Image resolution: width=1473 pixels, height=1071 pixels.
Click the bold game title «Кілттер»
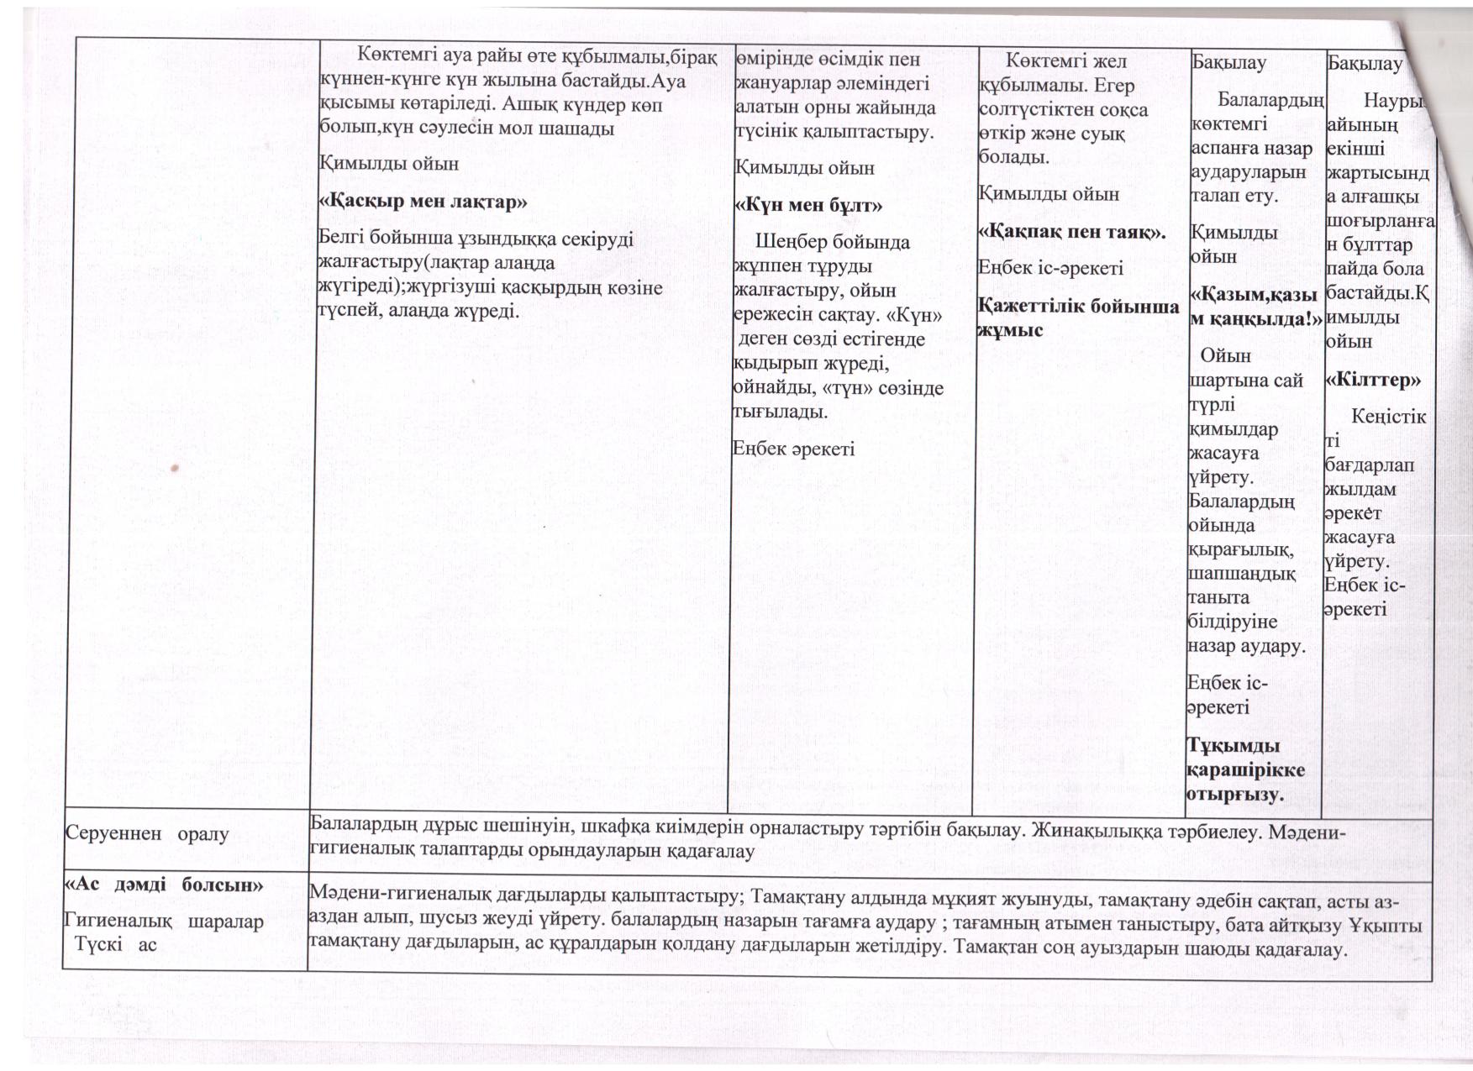[1373, 380]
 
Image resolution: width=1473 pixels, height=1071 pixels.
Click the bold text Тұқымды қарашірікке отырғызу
[1245, 769]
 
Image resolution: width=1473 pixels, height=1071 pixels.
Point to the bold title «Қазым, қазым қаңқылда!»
[1252, 307]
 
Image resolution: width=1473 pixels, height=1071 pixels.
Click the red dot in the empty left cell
[176, 469]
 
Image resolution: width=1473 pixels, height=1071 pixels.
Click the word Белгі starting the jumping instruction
[342, 239]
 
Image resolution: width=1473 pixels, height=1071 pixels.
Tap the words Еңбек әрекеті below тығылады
[794, 449]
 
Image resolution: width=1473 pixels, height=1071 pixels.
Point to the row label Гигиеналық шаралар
[164, 921]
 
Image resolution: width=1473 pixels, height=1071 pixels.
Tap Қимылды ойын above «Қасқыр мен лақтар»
[389, 163]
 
